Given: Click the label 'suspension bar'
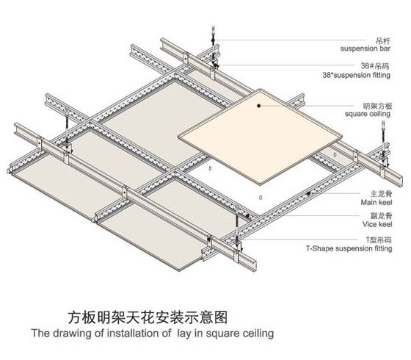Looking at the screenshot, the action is pos(365,48).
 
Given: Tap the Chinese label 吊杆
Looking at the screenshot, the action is pos(383,41).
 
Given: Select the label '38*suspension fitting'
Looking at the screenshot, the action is pos(357,75).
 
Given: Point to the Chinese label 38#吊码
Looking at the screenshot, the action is pos(375,65).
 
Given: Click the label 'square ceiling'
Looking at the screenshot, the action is pos(368,114).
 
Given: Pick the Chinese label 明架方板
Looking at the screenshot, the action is pos(377,106).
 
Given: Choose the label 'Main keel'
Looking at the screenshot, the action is pos(377,202).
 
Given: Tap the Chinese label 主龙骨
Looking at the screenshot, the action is pos(382,194).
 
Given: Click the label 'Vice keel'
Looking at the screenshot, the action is pos(377,224).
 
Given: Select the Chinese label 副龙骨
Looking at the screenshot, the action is pos(382,216).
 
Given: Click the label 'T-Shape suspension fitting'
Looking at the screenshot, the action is pos(349,248).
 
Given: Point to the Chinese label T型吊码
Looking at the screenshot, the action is pos(379,240).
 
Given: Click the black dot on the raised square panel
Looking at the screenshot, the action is pos(258,106).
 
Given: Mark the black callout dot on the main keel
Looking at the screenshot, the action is pos(309,194).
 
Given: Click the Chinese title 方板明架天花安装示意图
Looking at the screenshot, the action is pos(148,317).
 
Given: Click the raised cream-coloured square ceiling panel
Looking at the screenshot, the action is pos(260,137).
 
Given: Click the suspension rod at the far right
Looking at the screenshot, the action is pos(383,139).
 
